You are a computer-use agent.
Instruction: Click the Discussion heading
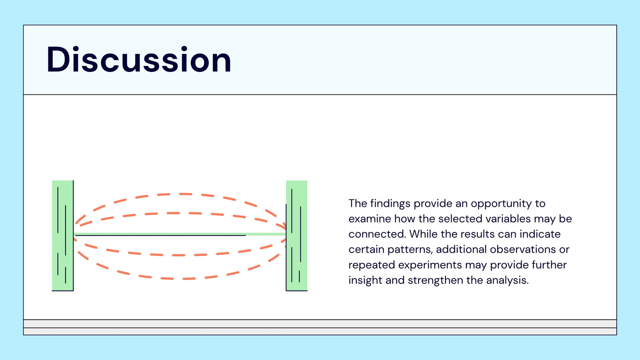click(139, 60)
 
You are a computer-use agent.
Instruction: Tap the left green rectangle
click(62, 236)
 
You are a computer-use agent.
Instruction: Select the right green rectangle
click(296, 236)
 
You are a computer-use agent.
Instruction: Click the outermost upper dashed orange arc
click(180, 194)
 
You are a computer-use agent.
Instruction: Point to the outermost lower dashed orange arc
click(180, 278)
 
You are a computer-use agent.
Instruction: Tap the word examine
click(370, 219)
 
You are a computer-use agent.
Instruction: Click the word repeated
click(372, 265)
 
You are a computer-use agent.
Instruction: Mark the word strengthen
click(435, 280)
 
